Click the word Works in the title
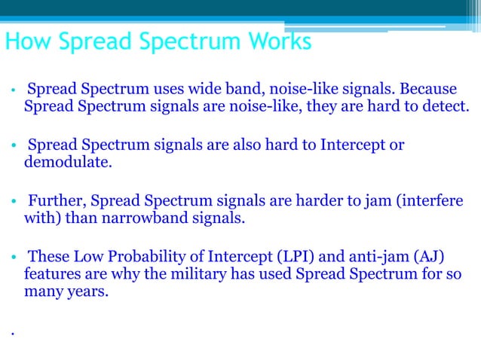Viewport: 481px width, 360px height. click(278, 41)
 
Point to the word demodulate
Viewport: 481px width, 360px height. click(67, 160)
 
